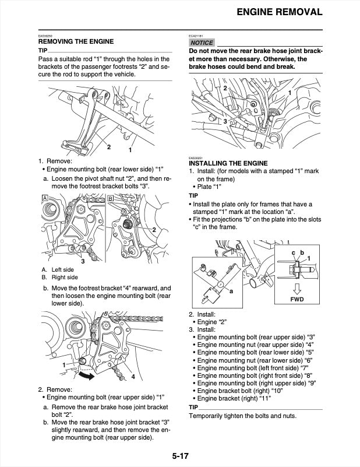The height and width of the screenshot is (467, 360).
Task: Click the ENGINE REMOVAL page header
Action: (278, 12)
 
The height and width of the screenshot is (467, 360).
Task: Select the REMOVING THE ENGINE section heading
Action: (76, 41)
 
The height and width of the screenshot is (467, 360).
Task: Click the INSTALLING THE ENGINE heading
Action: (228, 163)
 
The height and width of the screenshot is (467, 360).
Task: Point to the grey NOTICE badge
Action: (202, 43)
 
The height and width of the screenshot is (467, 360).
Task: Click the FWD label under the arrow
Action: (297, 300)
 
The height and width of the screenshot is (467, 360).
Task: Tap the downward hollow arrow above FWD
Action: (297, 288)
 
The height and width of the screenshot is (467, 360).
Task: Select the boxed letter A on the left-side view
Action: (44, 199)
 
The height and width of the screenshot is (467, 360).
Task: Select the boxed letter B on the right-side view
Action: (111, 199)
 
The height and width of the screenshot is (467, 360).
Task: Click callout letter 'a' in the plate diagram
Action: (232, 290)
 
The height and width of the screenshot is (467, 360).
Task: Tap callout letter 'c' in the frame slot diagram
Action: (293, 252)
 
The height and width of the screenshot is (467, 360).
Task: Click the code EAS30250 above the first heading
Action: (45, 35)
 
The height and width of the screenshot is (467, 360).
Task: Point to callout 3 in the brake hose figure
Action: (225, 121)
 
